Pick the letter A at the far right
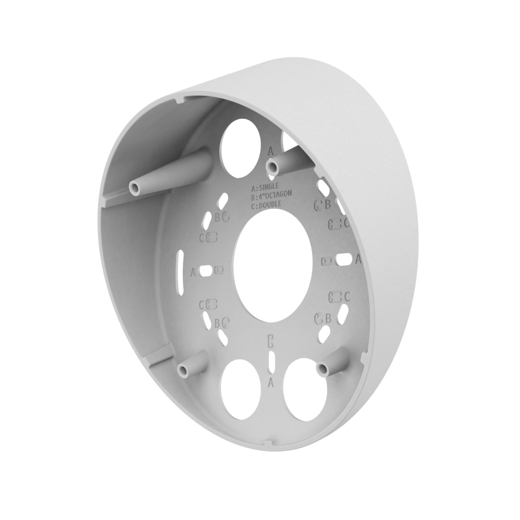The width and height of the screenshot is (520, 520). click(x=358, y=259)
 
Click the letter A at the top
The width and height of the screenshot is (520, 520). click(x=271, y=151)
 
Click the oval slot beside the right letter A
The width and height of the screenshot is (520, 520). click(x=344, y=261)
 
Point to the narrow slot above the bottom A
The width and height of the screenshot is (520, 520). click(x=271, y=361)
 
